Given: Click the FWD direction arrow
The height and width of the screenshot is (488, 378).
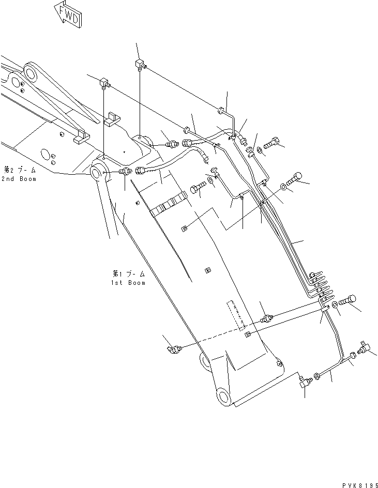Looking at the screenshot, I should [x=67, y=14].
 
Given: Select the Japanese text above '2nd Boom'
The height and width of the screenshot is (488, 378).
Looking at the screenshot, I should [x=20, y=170].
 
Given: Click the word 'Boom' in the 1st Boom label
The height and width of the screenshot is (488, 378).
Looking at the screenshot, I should [x=135, y=283].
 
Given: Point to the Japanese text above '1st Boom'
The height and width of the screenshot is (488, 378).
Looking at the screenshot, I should [x=127, y=273].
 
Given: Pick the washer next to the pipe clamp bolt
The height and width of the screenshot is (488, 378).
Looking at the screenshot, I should [x=335, y=306].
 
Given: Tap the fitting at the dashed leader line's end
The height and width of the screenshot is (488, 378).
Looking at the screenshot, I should [x=174, y=350].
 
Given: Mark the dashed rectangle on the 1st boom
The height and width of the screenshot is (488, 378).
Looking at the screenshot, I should [x=236, y=315].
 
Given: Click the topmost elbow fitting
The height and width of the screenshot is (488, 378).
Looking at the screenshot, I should [x=139, y=65].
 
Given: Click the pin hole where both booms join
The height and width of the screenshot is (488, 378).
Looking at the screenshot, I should [x=98, y=171].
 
